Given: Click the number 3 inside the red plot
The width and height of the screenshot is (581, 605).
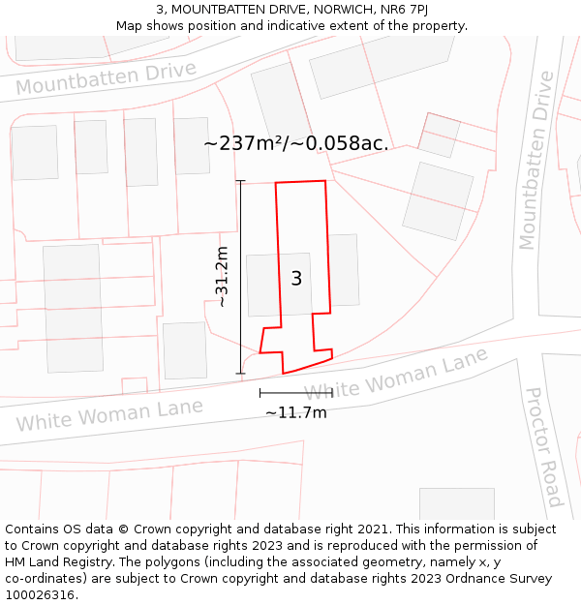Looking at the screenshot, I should [x=296, y=279].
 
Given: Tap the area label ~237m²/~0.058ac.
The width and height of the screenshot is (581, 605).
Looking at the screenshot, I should [x=296, y=143].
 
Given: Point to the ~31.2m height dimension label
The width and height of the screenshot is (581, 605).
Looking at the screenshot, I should [x=222, y=277].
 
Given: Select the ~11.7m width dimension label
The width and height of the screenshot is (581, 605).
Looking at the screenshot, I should [x=296, y=412].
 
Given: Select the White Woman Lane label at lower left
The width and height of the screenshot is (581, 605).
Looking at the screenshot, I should [x=109, y=414].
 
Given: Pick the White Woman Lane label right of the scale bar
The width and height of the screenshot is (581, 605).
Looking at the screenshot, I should [x=397, y=376].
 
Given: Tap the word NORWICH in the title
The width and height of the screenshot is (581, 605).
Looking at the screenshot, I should [x=323, y=10].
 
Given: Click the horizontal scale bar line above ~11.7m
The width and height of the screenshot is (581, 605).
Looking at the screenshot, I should [x=295, y=392].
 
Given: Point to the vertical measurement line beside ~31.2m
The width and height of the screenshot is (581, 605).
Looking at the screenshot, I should [x=240, y=277].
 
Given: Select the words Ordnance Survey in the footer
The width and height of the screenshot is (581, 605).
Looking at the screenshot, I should [x=504, y=579].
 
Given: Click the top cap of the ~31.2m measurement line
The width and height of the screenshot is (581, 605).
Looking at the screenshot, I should [x=240, y=181].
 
